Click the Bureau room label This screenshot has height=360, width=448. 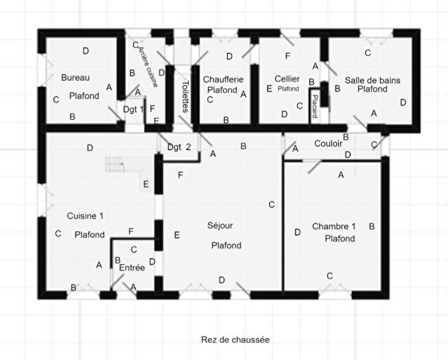tap(75, 77)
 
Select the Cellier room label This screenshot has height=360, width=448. tap(287, 79)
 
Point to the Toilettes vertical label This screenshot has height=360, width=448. tap(186, 97)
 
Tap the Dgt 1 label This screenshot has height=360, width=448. tap(133, 109)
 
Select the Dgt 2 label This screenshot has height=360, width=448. tap(179, 145)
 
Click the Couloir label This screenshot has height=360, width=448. tap(328, 144)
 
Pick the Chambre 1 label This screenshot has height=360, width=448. tap(334, 226)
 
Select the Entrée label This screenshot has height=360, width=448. tap(132, 267)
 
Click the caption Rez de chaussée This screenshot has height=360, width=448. tap(235, 339)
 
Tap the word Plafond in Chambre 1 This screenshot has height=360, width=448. tap(340, 239)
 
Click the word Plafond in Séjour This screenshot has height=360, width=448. tap(225, 245)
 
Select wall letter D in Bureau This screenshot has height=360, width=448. tap(86, 50)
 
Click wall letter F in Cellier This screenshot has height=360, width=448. tap(288, 55)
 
